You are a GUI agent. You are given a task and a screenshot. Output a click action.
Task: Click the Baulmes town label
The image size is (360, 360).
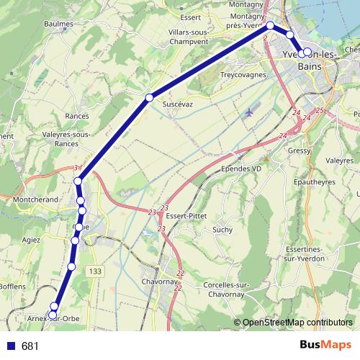tap(58, 24)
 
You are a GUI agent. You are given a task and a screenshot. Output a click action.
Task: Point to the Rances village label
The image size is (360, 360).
tap(76, 116)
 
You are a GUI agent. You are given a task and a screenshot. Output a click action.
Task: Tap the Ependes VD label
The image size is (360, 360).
tap(241, 169)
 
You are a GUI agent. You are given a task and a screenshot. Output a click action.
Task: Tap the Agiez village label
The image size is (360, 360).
tap(31, 240)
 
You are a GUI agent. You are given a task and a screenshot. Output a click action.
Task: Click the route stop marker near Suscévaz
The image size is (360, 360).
tap(149, 97)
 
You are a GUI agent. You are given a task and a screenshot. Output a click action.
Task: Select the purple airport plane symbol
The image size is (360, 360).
tap(250, 112)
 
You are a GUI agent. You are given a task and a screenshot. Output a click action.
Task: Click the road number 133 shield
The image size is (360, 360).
tap(96, 271)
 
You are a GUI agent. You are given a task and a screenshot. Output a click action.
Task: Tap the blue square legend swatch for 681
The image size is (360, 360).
tap(11, 346)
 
